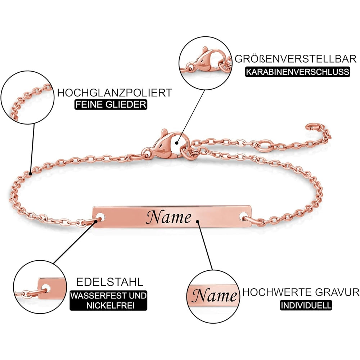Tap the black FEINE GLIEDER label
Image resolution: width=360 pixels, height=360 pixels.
tap(111, 105)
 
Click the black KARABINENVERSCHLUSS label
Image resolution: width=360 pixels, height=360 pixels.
tap(297, 71)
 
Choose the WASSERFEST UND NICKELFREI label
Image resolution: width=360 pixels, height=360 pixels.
tap(108, 301)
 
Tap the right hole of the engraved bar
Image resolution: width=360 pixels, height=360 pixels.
tap(246, 217)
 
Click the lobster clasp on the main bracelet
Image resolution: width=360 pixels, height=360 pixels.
tap(164, 144)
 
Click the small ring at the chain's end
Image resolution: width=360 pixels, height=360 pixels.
tap(310, 127)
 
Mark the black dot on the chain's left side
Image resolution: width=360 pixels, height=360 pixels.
tap(30, 174)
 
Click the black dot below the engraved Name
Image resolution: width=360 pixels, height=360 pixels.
tap(198, 221)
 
